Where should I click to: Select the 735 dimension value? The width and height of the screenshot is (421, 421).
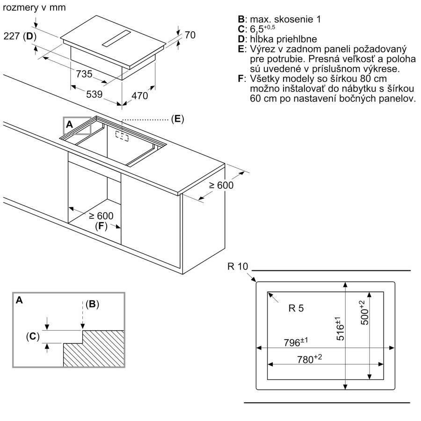84,74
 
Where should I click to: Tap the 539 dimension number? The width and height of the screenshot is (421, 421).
94,94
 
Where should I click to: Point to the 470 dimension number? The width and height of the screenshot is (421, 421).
139,96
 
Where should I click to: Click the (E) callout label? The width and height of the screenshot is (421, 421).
177,119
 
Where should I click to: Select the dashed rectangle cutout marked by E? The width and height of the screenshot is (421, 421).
122,136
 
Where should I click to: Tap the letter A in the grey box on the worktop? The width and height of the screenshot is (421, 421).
69,124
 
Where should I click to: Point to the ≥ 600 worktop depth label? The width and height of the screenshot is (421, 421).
220,185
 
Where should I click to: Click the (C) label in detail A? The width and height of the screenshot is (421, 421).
32,336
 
